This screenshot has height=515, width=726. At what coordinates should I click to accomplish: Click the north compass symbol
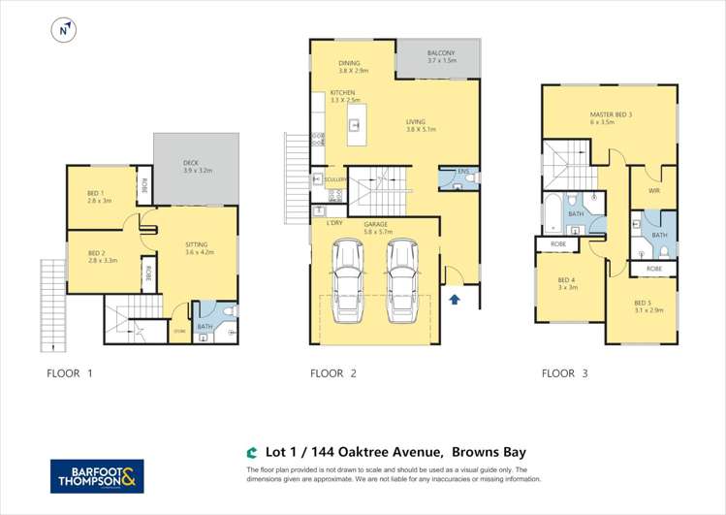tap(63, 32)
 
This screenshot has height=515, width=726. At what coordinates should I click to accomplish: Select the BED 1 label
tap(100, 194)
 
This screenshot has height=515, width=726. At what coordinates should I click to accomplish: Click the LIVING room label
tap(421, 122)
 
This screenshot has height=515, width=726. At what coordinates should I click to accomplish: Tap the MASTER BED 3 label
tap(610, 114)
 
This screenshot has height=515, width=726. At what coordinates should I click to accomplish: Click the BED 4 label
tap(566, 282)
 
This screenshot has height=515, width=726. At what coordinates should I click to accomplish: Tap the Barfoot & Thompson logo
tap(97, 475)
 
